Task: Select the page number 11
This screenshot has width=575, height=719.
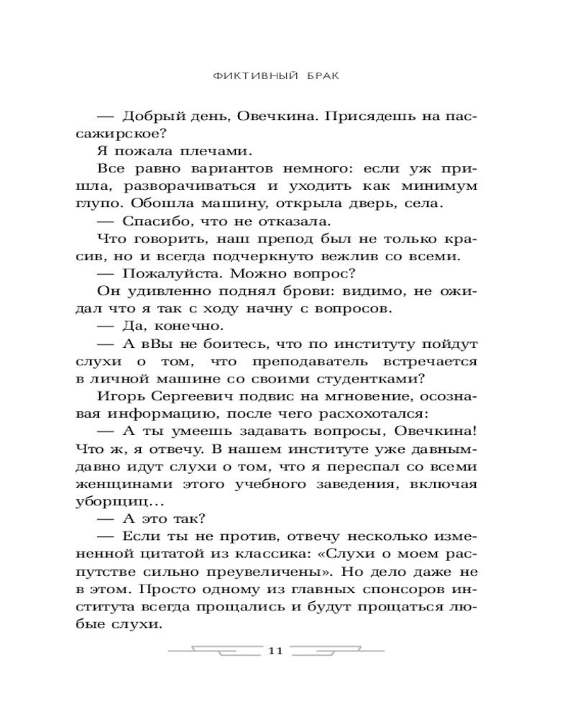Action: click(x=277, y=651)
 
